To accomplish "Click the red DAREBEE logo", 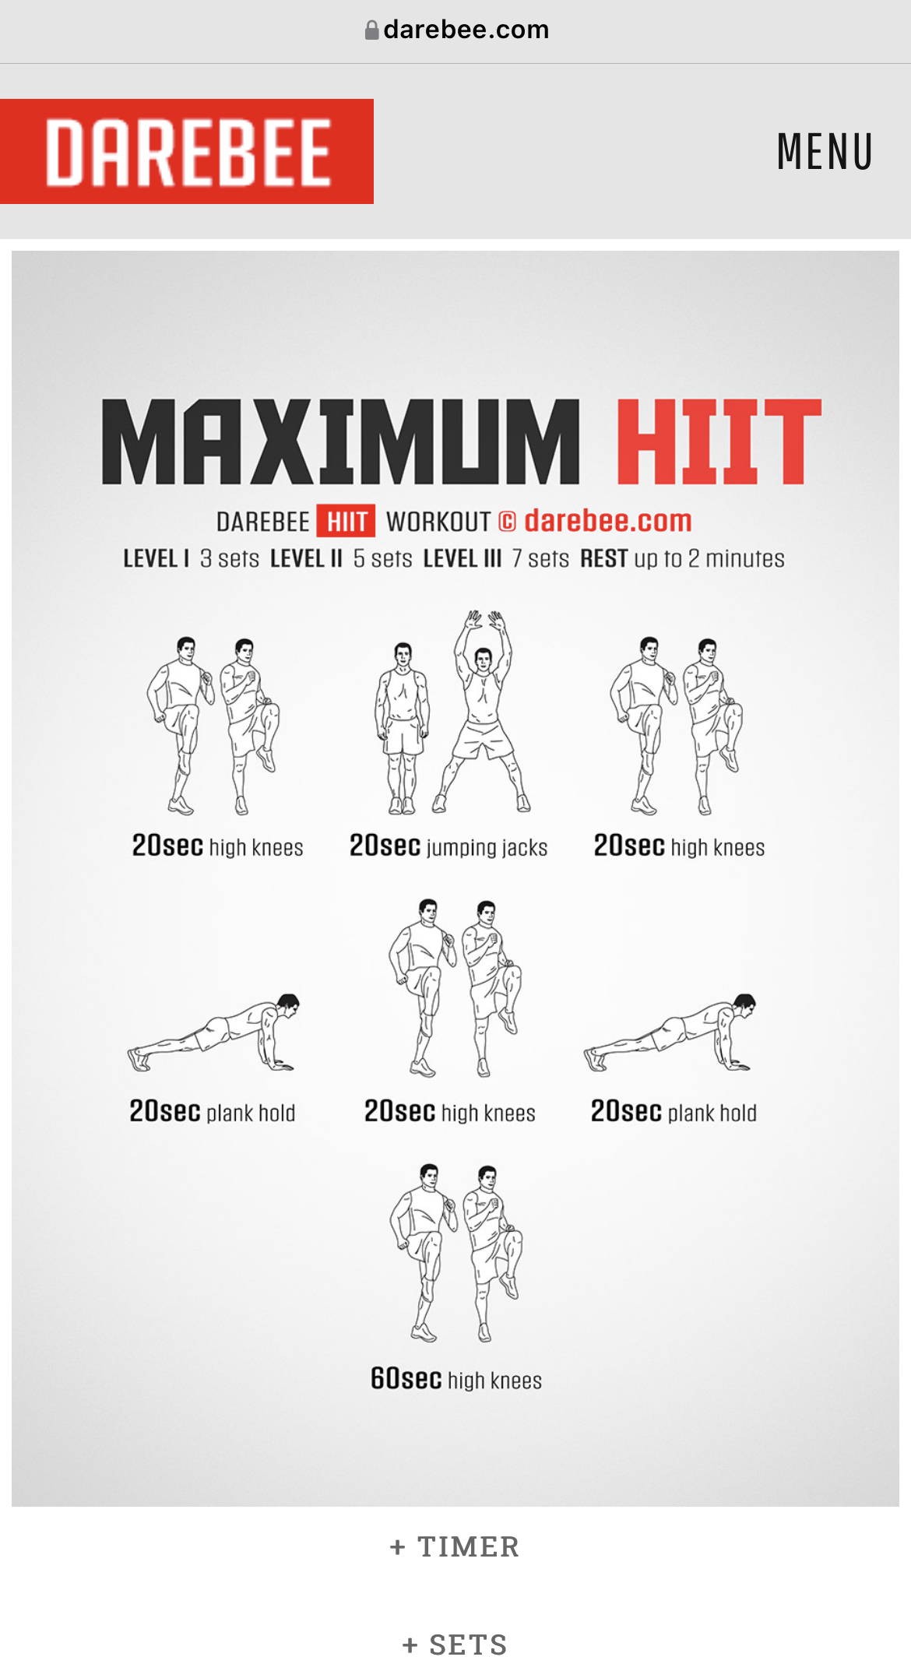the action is click(187, 151).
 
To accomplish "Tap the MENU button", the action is click(825, 151).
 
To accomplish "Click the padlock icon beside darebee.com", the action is click(372, 30).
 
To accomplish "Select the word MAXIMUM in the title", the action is click(341, 441).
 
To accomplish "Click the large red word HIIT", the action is click(719, 441).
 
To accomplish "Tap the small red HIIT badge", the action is click(346, 521).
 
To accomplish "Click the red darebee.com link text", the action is click(608, 521).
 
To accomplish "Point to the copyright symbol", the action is click(507, 522).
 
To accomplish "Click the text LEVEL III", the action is click(463, 559).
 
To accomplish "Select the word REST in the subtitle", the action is click(604, 559).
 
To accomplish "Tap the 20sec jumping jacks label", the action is click(448, 846).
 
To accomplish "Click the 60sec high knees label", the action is click(456, 1379).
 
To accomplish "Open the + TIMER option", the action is click(455, 1546).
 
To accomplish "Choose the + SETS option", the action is click(455, 1645).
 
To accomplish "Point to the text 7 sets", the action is click(540, 559).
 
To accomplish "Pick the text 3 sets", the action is click(230, 559).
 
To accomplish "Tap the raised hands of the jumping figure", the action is click(484, 621).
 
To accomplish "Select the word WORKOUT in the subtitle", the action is click(438, 522).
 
